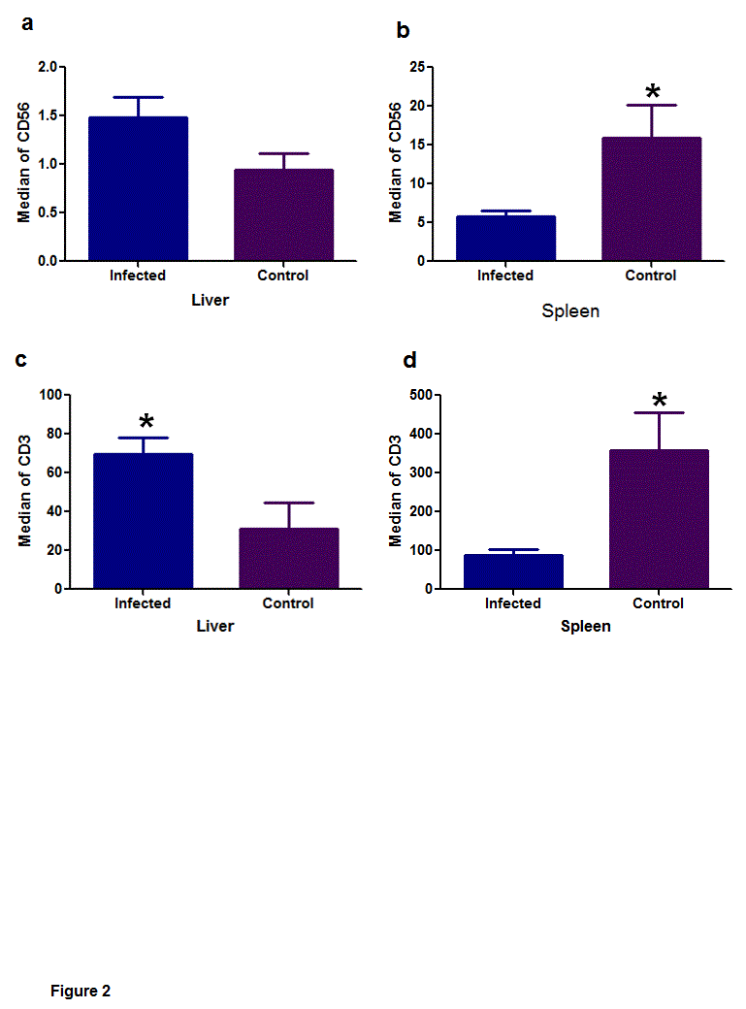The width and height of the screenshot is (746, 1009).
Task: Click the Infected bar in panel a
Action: (x=138, y=189)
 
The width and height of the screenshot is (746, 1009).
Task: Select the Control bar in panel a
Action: (x=283, y=215)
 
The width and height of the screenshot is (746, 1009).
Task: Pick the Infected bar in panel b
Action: (x=505, y=239)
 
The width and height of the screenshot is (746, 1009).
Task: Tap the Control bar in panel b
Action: (x=651, y=199)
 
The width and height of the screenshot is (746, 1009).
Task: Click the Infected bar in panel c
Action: (x=143, y=521)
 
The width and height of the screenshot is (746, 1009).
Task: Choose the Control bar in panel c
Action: (x=288, y=558)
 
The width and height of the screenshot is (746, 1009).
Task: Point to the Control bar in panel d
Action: (x=659, y=519)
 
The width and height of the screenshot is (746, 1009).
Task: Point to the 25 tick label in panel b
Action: (x=417, y=67)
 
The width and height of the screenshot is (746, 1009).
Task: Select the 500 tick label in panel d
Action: (x=418, y=395)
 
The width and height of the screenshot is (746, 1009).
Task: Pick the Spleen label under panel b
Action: (x=569, y=311)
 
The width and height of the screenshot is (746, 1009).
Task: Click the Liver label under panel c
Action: (x=215, y=626)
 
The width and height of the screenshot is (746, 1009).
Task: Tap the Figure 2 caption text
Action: (x=81, y=991)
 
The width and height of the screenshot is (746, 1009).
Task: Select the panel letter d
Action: (x=409, y=361)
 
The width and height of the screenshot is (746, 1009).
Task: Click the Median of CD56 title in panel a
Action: (x=24, y=164)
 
